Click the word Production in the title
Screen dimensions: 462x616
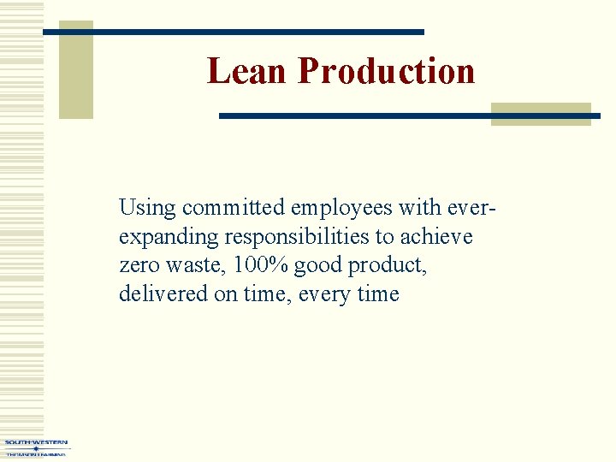[386, 71]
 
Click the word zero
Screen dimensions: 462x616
[138, 266]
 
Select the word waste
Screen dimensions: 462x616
[192, 266]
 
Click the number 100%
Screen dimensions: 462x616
[259, 266]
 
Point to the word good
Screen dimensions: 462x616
[318, 266]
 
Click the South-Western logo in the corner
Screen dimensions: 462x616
[35, 447]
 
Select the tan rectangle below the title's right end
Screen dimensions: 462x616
[540, 115]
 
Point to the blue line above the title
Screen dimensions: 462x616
[234, 33]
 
